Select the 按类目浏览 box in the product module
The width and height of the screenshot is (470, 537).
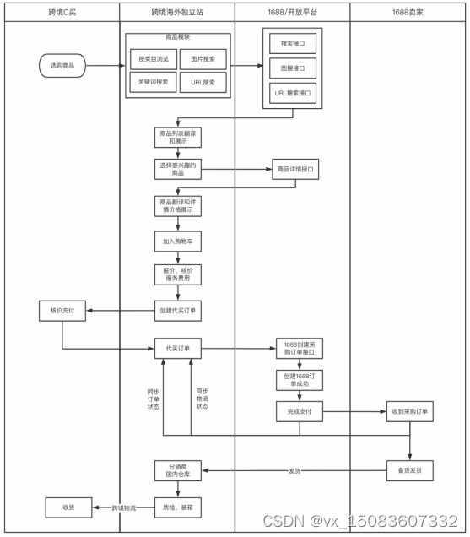click(153, 60)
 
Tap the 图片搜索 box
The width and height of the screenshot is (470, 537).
click(203, 60)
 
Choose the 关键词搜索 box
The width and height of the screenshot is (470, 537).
click(153, 82)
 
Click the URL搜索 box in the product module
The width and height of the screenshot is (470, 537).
click(203, 82)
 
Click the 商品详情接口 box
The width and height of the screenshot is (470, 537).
click(297, 170)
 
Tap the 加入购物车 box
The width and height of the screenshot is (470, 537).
click(178, 241)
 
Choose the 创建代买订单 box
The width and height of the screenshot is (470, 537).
click(178, 310)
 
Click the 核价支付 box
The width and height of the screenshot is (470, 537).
click(62, 311)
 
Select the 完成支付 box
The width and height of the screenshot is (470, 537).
click(300, 412)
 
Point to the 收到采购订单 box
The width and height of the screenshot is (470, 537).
click(409, 412)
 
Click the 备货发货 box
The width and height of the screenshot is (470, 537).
click(409, 470)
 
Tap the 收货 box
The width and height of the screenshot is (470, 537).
click(69, 507)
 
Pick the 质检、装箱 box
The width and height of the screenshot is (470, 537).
click(178, 507)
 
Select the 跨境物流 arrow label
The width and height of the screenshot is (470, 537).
click(123, 507)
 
